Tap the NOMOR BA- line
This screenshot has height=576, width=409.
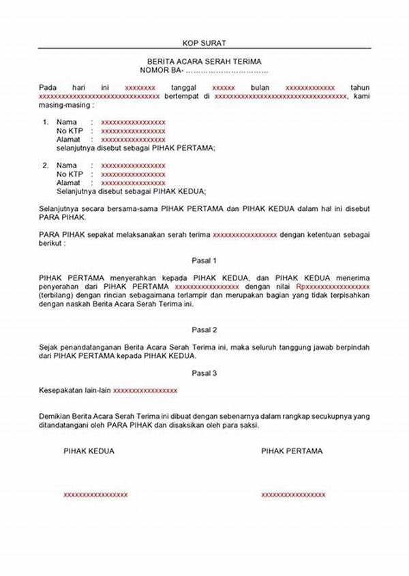pyautogui.click(x=204, y=70)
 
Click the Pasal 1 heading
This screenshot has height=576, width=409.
pyautogui.click(x=204, y=261)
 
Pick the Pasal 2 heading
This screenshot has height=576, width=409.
pyautogui.click(x=204, y=330)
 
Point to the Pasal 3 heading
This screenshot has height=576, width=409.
pyautogui.click(x=204, y=373)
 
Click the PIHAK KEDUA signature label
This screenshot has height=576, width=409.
pyautogui.click(x=89, y=451)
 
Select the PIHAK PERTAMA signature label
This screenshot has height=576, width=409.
pyautogui.click(x=292, y=451)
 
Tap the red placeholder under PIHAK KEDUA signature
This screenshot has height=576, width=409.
pyautogui.click(x=95, y=494)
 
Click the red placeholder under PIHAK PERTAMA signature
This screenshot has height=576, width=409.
pyautogui.click(x=293, y=494)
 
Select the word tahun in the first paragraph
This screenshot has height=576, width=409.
pyautogui.click(x=359, y=88)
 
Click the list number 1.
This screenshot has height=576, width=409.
pyautogui.click(x=46, y=122)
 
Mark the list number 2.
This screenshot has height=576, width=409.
pyautogui.click(x=46, y=165)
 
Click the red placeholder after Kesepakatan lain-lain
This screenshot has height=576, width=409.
pyautogui.click(x=145, y=390)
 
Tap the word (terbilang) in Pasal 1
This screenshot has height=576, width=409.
pyautogui.click(x=57, y=296)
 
